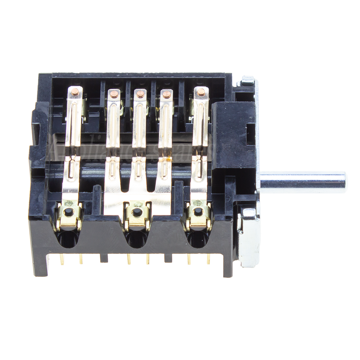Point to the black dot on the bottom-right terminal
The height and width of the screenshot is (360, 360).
198,211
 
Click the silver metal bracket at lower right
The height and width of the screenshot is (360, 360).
248,235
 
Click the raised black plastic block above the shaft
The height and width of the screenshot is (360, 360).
233,134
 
